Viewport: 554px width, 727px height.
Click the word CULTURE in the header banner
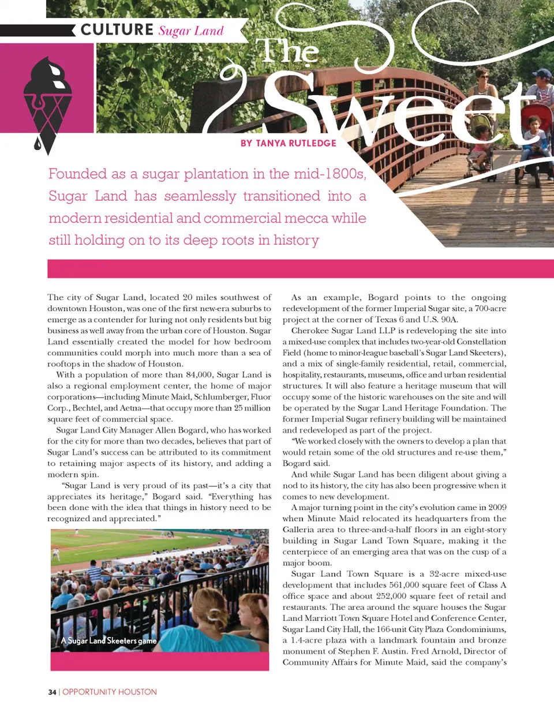[117, 29]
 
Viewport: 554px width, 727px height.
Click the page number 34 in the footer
[52, 692]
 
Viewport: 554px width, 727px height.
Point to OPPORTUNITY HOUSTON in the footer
[110, 692]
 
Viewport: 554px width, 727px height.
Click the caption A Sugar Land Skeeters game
[109, 640]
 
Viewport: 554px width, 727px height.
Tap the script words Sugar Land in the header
[191, 31]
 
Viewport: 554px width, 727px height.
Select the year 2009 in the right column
[497, 508]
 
